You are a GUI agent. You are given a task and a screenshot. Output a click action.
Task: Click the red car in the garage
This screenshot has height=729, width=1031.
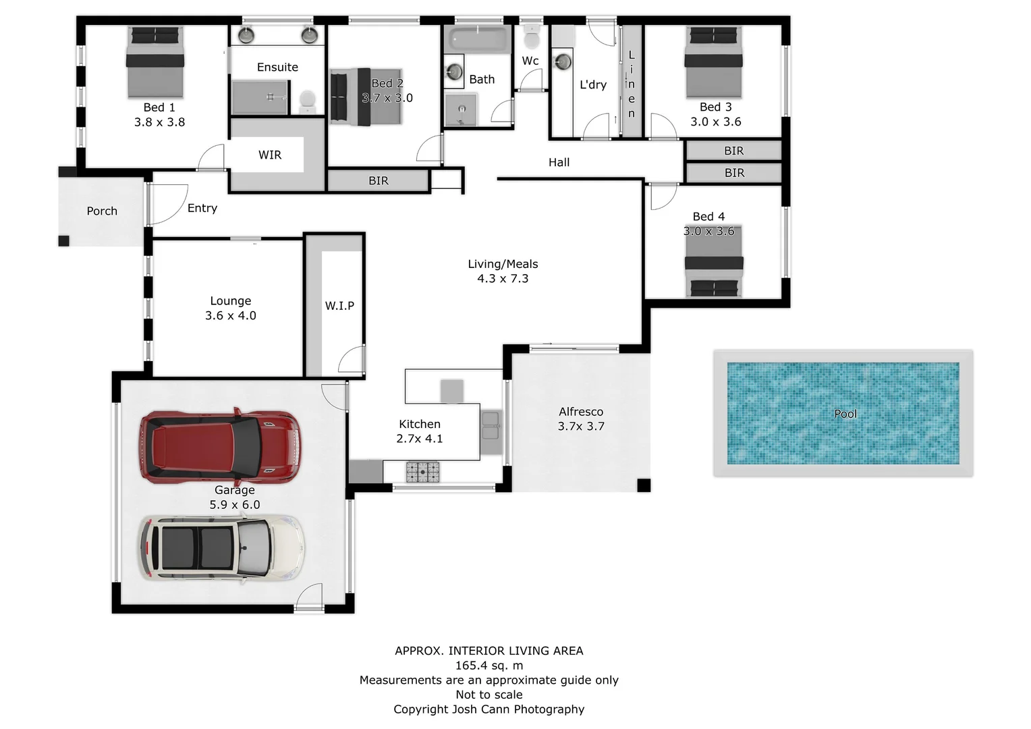[219, 447]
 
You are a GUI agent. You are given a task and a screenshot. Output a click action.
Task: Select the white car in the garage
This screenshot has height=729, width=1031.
[221, 549]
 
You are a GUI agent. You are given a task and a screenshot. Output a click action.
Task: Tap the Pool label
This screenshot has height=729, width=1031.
[845, 414]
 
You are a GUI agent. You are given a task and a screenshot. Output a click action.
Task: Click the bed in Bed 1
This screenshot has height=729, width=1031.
[156, 62]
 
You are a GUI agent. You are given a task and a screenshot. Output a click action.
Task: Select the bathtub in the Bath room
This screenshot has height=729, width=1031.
[478, 38]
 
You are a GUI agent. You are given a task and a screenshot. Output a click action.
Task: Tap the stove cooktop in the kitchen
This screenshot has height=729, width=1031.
[422, 471]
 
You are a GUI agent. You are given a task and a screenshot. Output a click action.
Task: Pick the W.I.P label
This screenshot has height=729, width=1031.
[339, 306]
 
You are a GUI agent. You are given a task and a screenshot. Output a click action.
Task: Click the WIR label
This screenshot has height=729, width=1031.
[270, 155]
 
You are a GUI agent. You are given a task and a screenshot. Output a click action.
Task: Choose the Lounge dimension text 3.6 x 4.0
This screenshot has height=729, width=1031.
[231, 316]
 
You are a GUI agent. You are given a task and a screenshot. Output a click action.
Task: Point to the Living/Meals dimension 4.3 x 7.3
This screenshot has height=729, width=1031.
[503, 279]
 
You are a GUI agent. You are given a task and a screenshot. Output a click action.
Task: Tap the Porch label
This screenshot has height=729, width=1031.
[102, 211]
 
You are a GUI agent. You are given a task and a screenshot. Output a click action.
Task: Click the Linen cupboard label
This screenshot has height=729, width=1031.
[632, 84]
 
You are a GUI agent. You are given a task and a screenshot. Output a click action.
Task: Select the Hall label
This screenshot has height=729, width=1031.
[559, 163]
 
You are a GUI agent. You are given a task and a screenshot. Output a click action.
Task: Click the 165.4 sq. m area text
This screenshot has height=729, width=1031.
[489, 666]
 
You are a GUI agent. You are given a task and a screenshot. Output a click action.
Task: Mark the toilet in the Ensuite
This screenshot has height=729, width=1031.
[308, 102]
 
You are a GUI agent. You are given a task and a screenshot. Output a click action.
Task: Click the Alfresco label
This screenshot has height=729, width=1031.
[581, 412]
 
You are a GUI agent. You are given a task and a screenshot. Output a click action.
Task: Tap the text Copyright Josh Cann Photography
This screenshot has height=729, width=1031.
[489, 709]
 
